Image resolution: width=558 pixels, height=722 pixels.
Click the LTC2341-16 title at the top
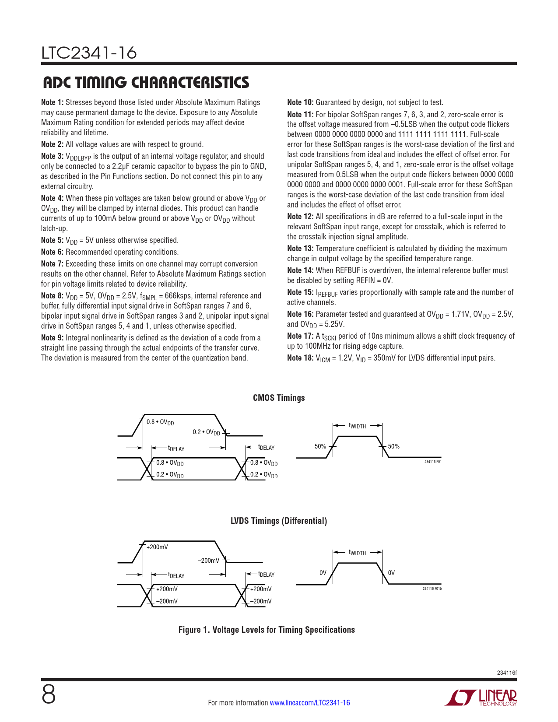89,53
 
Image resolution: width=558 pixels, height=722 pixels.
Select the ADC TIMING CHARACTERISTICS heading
146,82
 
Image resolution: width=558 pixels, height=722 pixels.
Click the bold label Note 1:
52,102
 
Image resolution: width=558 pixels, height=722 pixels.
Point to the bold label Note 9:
52,338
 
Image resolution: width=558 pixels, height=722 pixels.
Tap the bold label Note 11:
300,115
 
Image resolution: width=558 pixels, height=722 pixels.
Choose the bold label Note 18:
300,358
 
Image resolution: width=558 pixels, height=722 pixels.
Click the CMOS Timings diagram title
279,398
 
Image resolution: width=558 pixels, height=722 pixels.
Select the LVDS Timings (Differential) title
279,521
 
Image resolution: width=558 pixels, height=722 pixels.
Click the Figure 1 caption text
267,630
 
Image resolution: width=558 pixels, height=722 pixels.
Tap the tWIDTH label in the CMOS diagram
357,426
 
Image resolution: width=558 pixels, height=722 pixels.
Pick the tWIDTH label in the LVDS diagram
357,553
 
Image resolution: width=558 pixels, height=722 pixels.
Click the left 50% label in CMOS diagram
320,446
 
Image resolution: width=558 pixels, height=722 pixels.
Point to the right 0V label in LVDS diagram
391,573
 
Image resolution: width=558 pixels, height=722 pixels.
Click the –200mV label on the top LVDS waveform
208,561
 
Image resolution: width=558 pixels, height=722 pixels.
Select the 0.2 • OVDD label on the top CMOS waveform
206,432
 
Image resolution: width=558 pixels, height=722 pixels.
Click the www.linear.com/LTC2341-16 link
310,703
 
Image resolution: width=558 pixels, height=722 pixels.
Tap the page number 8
49,694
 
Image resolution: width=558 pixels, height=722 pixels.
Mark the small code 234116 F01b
432,589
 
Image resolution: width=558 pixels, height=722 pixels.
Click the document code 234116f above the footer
507,673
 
